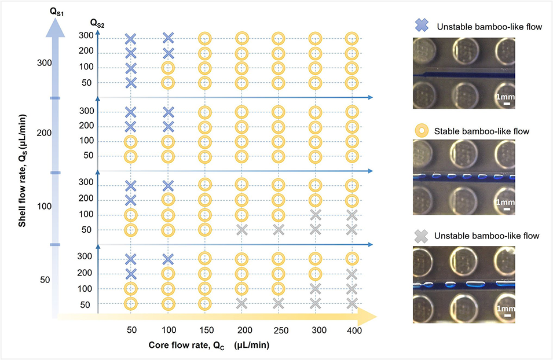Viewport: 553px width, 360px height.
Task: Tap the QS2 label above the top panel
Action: (x=97, y=23)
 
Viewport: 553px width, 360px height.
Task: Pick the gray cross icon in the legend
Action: (x=422, y=236)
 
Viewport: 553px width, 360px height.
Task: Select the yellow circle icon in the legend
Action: (x=422, y=131)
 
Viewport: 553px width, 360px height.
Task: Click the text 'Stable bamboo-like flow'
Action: (x=481, y=131)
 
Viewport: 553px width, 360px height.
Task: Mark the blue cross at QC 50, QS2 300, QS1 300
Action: (x=131, y=39)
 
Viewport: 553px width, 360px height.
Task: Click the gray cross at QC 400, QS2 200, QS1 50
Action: (x=351, y=274)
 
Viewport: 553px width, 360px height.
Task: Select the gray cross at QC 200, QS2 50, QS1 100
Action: (x=242, y=230)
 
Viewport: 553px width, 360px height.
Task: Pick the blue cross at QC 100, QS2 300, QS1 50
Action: (x=168, y=259)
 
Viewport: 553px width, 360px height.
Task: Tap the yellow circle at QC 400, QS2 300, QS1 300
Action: (x=351, y=39)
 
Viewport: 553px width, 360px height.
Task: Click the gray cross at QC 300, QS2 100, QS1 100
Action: (x=315, y=215)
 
